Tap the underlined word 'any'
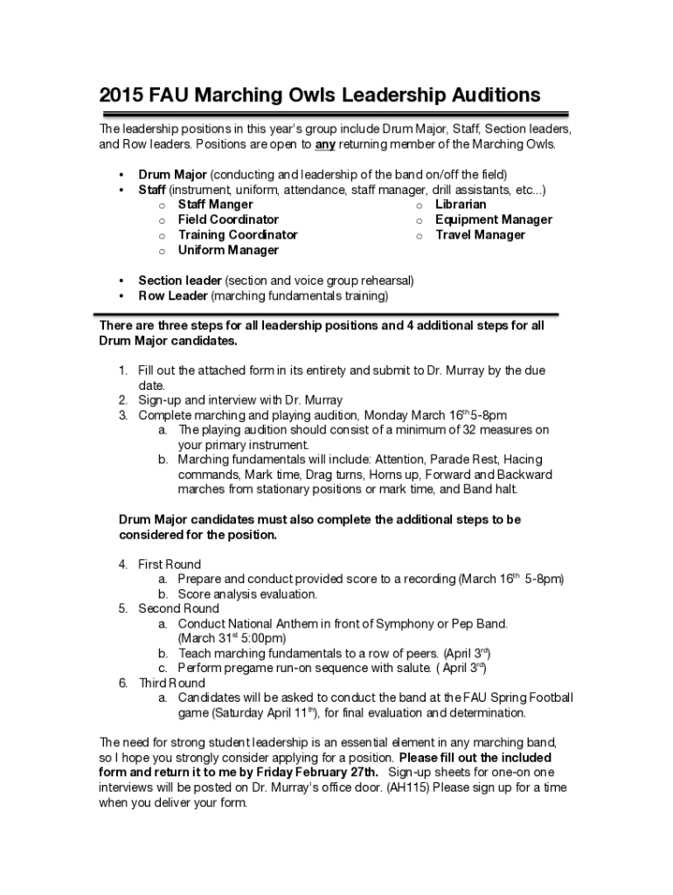pyautogui.click(x=325, y=143)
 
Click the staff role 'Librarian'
pyautogui.click(x=461, y=205)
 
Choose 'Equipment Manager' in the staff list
pyautogui.click(x=494, y=219)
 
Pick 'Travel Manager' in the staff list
pyautogui.click(x=480, y=234)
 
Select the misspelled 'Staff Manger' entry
pyautogui.click(x=215, y=205)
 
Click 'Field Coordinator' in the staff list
pyautogui.click(x=228, y=219)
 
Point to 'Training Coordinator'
pyautogui.click(x=238, y=234)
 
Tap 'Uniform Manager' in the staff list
pyautogui.click(x=228, y=250)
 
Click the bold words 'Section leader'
pyautogui.click(x=180, y=281)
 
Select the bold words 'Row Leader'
pyautogui.click(x=173, y=295)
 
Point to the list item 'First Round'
pyautogui.click(x=170, y=564)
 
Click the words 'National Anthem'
pyautogui.click(x=269, y=624)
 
